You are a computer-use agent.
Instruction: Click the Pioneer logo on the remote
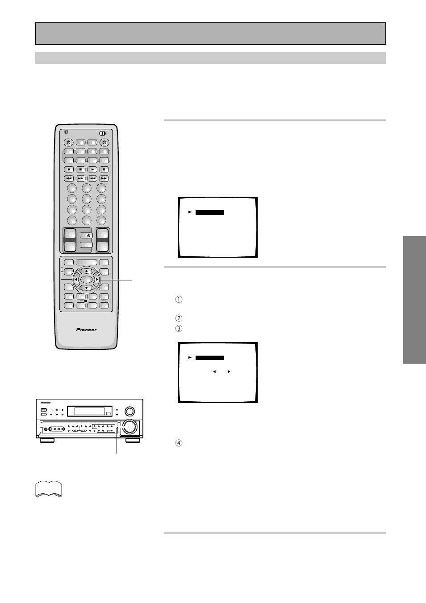86,330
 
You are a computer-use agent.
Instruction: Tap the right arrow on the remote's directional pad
97,280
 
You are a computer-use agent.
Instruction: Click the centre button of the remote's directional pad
87,280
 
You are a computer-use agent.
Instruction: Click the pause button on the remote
104,170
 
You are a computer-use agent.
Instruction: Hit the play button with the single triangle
92,170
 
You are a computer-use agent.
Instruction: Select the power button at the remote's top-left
69,143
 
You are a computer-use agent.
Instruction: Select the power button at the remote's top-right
104,143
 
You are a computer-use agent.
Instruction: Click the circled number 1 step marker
179,300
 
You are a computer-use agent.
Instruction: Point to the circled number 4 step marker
179,443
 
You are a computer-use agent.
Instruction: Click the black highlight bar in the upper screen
210,212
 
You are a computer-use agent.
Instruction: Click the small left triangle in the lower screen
214,372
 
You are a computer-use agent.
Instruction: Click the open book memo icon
49,489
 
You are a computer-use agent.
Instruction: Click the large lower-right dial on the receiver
129,426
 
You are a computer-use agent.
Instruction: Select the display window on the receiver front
89,411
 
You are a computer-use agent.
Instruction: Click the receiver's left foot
47,440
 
